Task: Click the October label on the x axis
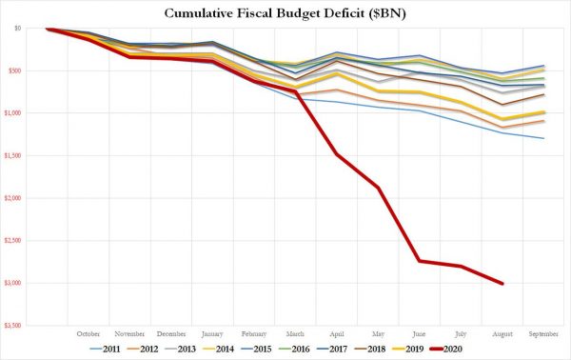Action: click(x=88, y=334)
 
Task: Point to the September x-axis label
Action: click(x=543, y=334)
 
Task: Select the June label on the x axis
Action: click(x=419, y=334)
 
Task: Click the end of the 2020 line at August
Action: click(x=502, y=284)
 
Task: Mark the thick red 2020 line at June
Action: click(x=419, y=260)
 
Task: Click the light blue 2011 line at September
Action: click(x=543, y=138)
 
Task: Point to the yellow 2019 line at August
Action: click(x=502, y=120)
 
